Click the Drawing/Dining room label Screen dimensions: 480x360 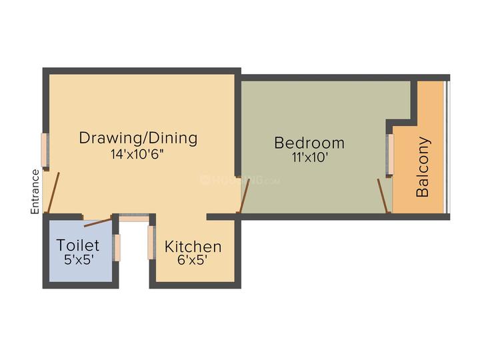[x=139, y=138]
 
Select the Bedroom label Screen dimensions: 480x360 [x=309, y=143]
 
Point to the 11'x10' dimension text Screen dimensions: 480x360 [x=310, y=157]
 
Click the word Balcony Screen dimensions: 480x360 [x=423, y=167]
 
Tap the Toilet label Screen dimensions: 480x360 [x=78, y=245]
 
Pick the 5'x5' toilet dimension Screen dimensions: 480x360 [x=79, y=260]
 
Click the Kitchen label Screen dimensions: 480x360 [x=193, y=247]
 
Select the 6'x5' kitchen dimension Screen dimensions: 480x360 [x=192, y=260]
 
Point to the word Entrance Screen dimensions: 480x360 [x=35, y=191]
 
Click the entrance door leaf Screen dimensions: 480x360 [x=53, y=193]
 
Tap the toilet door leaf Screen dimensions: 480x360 [x=97, y=223]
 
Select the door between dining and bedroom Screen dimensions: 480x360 [x=245, y=196]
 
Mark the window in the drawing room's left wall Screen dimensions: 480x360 [x=45, y=150]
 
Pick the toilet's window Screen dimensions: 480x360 [x=117, y=247]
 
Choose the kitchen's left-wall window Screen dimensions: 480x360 [x=151, y=243]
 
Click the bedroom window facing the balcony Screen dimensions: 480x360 [x=390, y=154]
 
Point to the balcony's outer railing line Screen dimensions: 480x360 [x=447, y=147]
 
